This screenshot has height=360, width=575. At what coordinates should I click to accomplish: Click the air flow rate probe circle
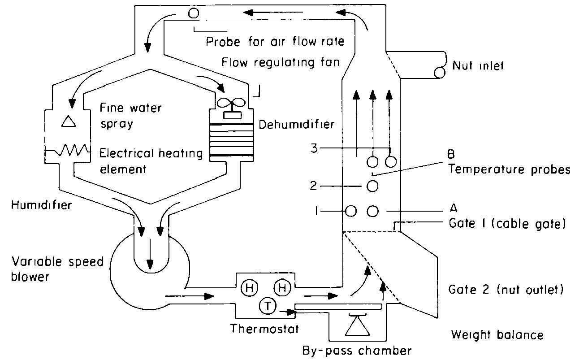[194, 13]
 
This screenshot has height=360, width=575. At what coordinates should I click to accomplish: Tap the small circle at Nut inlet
[440, 72]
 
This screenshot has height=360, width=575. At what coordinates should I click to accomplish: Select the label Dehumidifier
[297, 124]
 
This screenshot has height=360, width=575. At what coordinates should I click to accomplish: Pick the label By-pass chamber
[356, 350]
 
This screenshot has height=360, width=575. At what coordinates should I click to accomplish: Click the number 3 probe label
[315, 148]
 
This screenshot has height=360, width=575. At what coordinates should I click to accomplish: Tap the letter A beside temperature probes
[453, 208]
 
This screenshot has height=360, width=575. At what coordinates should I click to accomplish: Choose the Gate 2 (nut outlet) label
[506, 290]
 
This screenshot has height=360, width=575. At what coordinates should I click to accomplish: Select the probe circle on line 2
[372, 186]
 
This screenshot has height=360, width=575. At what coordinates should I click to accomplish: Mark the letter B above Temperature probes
[451, 155]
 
